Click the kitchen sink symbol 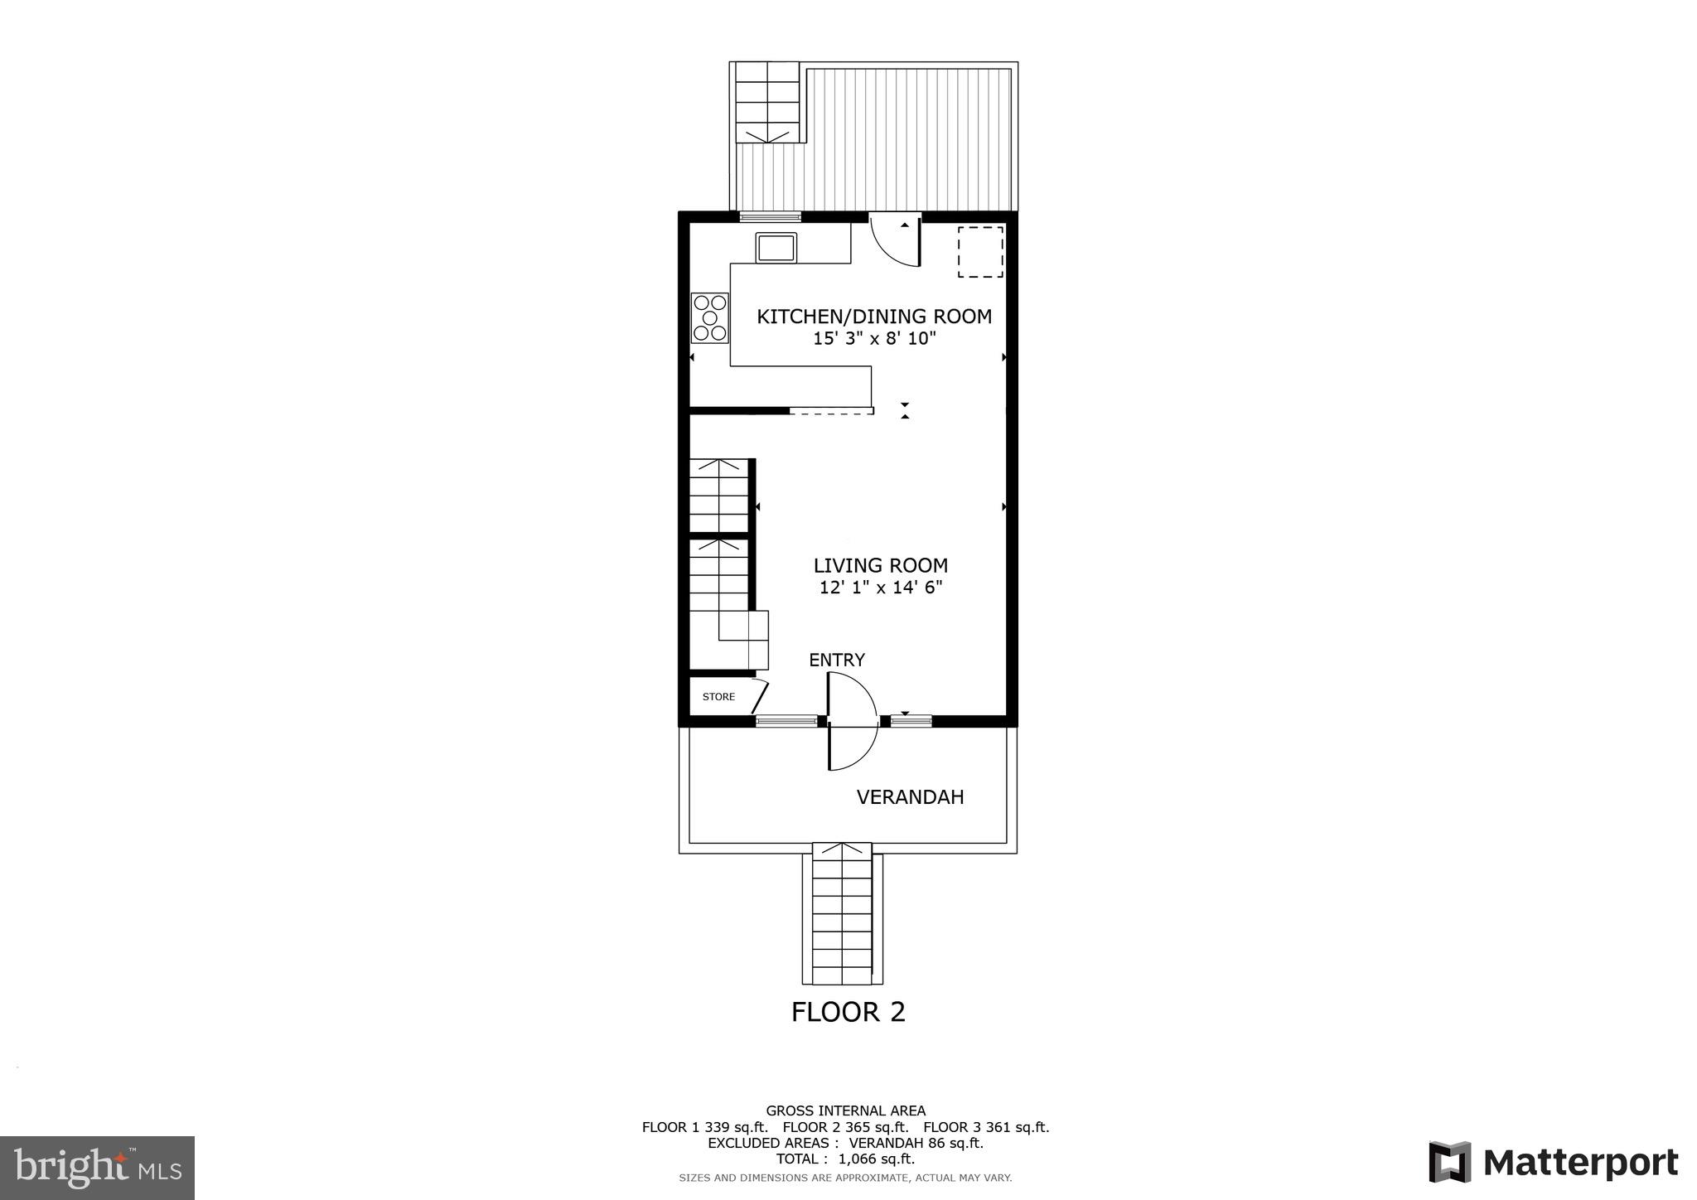pos(776,248)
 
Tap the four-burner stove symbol pos(710,318)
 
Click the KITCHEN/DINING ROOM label pos(874,317)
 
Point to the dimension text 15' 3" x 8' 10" pos(874,339)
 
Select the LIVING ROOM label pos(880,566)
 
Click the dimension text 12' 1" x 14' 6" pos(880,588)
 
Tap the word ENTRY pos(837,660)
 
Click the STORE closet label pos(718,697)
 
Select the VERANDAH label pos(910,797)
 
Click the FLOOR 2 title pos(848,1013)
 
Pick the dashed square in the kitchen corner pos(980,252)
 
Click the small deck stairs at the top pos(767,102)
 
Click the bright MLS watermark pos(97,1168)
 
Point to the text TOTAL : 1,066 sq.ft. pos(845,1159)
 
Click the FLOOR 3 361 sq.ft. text pos(986,1127)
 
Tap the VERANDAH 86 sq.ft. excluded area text pos(916,1144)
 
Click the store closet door pos(760,697)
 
